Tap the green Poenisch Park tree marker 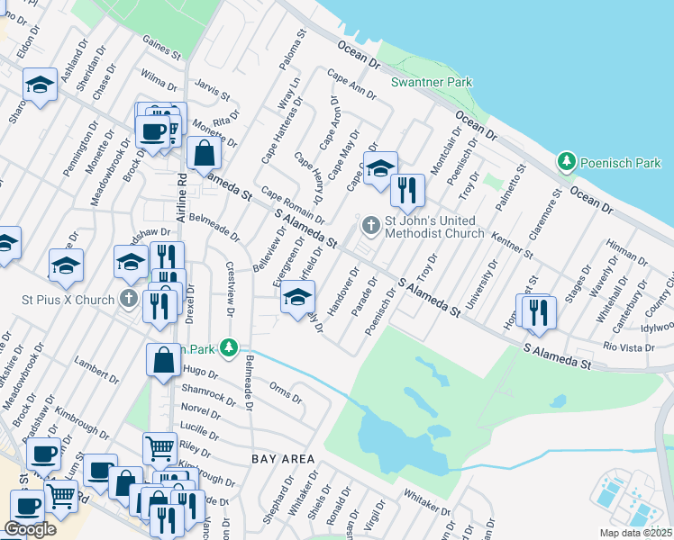tap(567, 162)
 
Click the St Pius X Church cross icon tap(130, 298)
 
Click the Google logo tap(30, 529)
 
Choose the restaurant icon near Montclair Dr tap(407, 190)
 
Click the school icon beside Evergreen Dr tap(297, 297)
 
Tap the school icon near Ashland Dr tap(40, 85)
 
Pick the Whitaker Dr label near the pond tap(425, 501)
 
